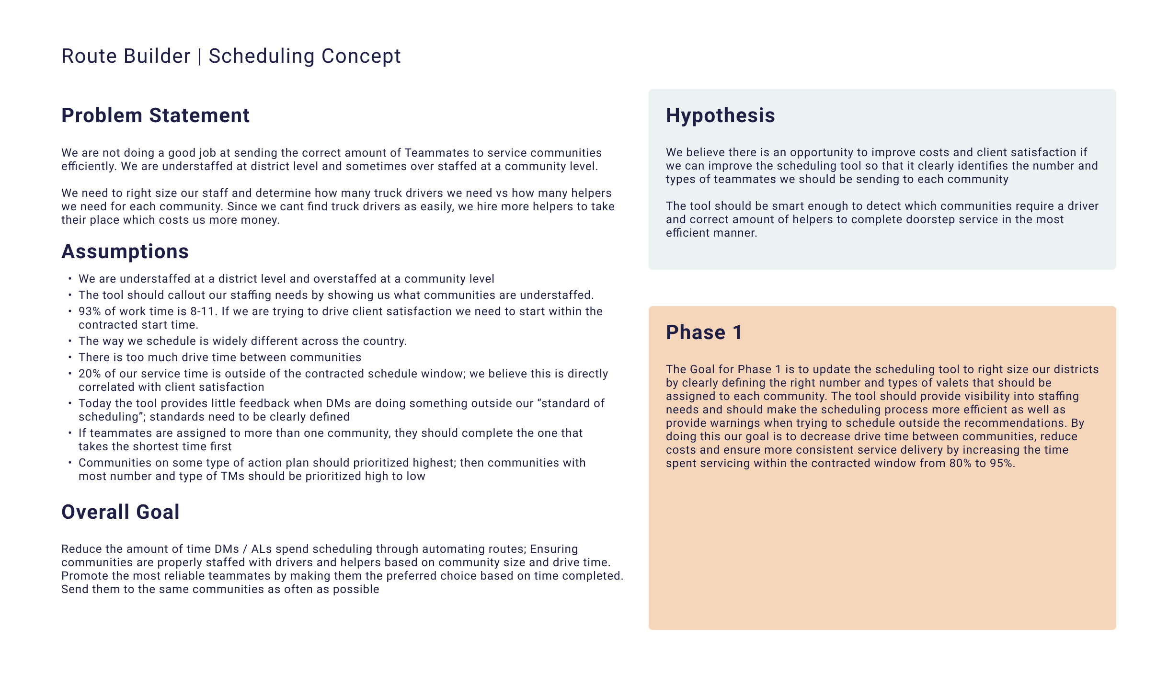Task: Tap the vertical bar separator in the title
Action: click(x=199, y=56)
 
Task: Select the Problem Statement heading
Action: click(x=155, y=115)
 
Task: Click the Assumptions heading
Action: click(x=125, y=251)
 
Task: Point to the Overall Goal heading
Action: click(x=120, y=512)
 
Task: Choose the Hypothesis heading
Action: click(x=720, y=115)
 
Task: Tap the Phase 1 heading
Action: click(x=704, y=332)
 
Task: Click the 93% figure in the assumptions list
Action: click(x=90, y=311)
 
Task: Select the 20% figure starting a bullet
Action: click(x=90, y=374)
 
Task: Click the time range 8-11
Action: click(x=202, y=311)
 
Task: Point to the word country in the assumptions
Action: click(x=385, y=341)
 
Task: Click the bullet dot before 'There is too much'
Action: click(x=70, y=357)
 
